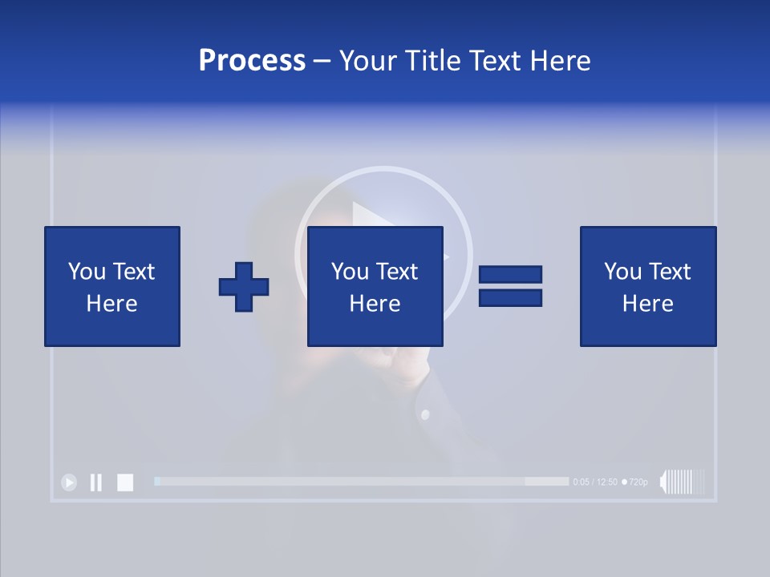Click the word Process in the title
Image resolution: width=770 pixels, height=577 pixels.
point(252,61)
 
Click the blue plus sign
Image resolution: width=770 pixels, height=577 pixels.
point(244,287)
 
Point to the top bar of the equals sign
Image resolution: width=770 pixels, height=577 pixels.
point(510,274)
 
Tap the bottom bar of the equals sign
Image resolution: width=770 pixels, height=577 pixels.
point(510,297)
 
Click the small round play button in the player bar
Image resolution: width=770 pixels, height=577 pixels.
point(69,482)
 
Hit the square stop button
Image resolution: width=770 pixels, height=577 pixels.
point(125,482)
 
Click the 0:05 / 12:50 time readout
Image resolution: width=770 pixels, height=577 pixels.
point(595,482)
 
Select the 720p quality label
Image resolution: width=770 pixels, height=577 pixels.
point(637,482)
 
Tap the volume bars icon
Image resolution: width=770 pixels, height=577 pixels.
point(682,482)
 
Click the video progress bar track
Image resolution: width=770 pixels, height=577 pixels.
point(361,482)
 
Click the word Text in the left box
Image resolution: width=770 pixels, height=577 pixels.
point(133,272)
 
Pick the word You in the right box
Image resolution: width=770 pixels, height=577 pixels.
point(622,272)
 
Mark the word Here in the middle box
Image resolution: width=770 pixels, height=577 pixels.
point(375,304)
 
